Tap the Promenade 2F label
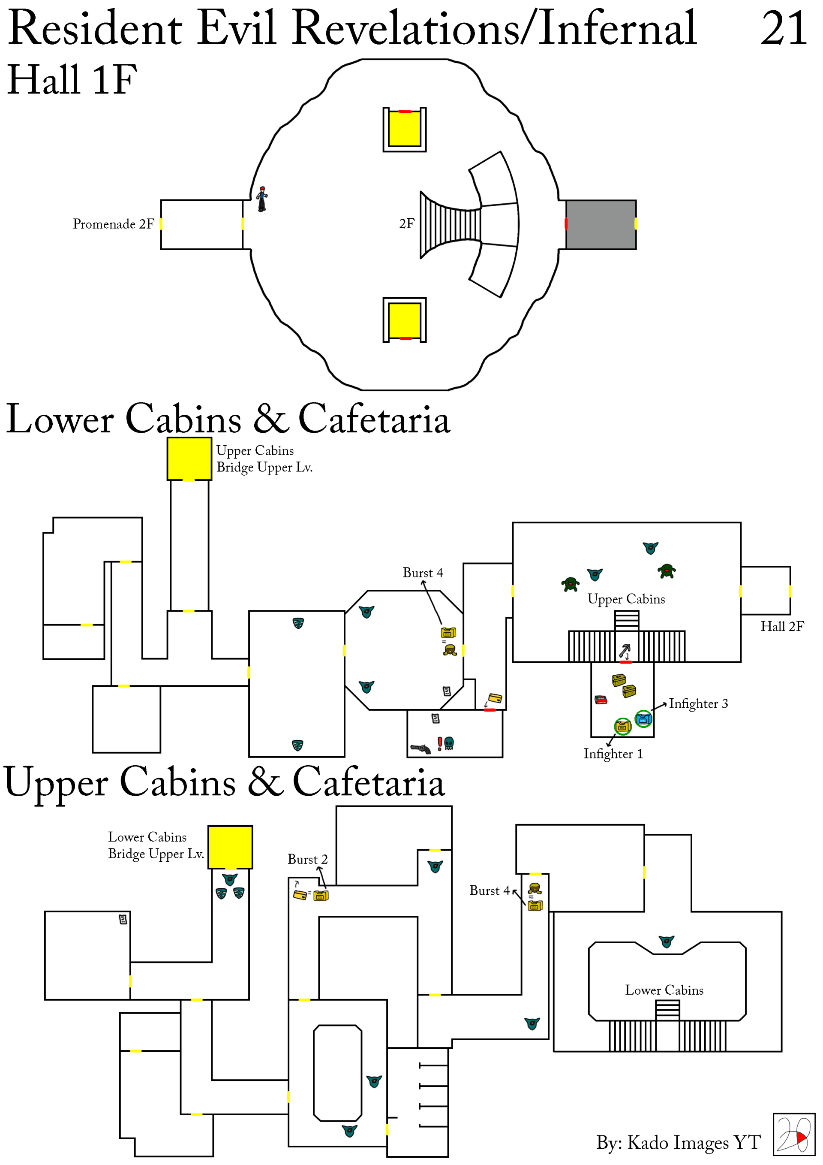coord(113,224)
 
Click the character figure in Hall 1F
coord(261,199)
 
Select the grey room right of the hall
coord(601,224)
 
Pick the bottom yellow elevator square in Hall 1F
coord(404,320)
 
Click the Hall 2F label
coord(781,626)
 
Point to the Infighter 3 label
coord(698,703)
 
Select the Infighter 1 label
coord(613,754)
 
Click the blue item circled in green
coord(643,718)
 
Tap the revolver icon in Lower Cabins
coord(421,748)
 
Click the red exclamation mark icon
coord(440,743)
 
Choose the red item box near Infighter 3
coord(601,700)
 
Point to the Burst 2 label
coord(307,859)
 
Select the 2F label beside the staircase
coord(406,224)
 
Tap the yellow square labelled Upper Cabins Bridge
coord(189,459)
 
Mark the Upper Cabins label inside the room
coord(626,599)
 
